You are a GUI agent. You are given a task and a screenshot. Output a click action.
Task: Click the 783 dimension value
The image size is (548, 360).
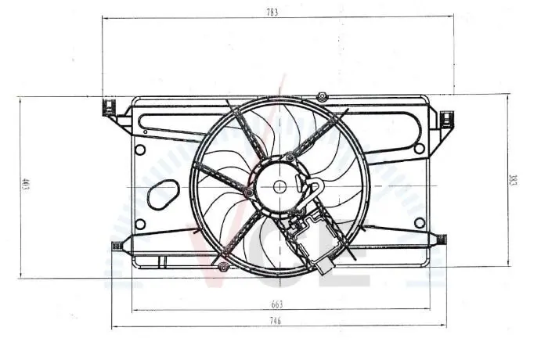pyautogui.click(x=272, y=13)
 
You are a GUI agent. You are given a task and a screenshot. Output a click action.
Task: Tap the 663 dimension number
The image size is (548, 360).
pyautogui.click(x=277, y=304)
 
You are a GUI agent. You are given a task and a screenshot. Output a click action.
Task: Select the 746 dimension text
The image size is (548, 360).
pyautogui.click(x=276, y=321)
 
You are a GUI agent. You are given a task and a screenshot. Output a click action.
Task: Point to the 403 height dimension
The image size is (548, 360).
pyautogui.click(x=26, y=185)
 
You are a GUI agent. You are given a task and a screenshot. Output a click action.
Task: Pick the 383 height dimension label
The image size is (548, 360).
pyautogui.click(x=513, y=180)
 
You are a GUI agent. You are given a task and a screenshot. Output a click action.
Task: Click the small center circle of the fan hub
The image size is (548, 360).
pyautogui.click(x=279, y=186)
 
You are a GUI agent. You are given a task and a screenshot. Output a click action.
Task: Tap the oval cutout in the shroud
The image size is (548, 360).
pyautogui.click(x=163, y=195)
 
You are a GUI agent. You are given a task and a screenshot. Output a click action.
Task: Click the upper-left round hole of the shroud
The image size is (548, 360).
pyautogui.click(x=140, y=150)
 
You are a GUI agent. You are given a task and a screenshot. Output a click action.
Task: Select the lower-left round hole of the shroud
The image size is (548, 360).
pyautogui.click(x=140, y=224)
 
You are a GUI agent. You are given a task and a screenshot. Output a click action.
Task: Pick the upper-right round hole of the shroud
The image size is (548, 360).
pyautogui.click(x=420, y=148)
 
